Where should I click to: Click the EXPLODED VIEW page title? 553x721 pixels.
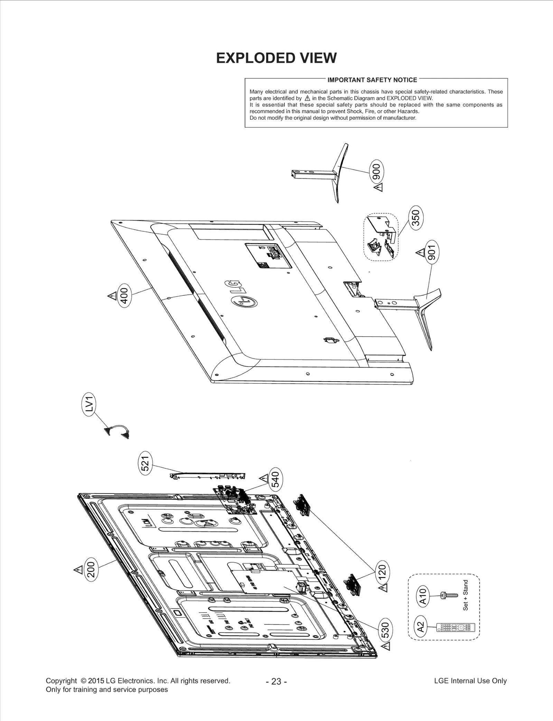(276, 58)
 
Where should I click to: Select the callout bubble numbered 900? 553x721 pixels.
(376, 171)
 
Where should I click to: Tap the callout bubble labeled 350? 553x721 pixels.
(416, 218)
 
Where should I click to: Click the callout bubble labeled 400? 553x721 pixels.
(124, 296)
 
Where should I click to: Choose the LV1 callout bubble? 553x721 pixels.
(90, 404)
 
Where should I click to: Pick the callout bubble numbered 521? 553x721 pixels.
(146, 463)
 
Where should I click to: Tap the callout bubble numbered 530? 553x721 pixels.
(386, 630)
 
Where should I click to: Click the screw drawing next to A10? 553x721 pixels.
(449, 595)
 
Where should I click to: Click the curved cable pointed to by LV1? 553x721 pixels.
(117, 432)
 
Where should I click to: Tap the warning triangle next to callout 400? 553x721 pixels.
(112, 296)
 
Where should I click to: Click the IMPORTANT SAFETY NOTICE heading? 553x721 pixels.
(372, 80)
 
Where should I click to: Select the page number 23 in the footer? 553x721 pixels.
(276, 682)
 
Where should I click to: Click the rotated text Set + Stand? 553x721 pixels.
(466, 595)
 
